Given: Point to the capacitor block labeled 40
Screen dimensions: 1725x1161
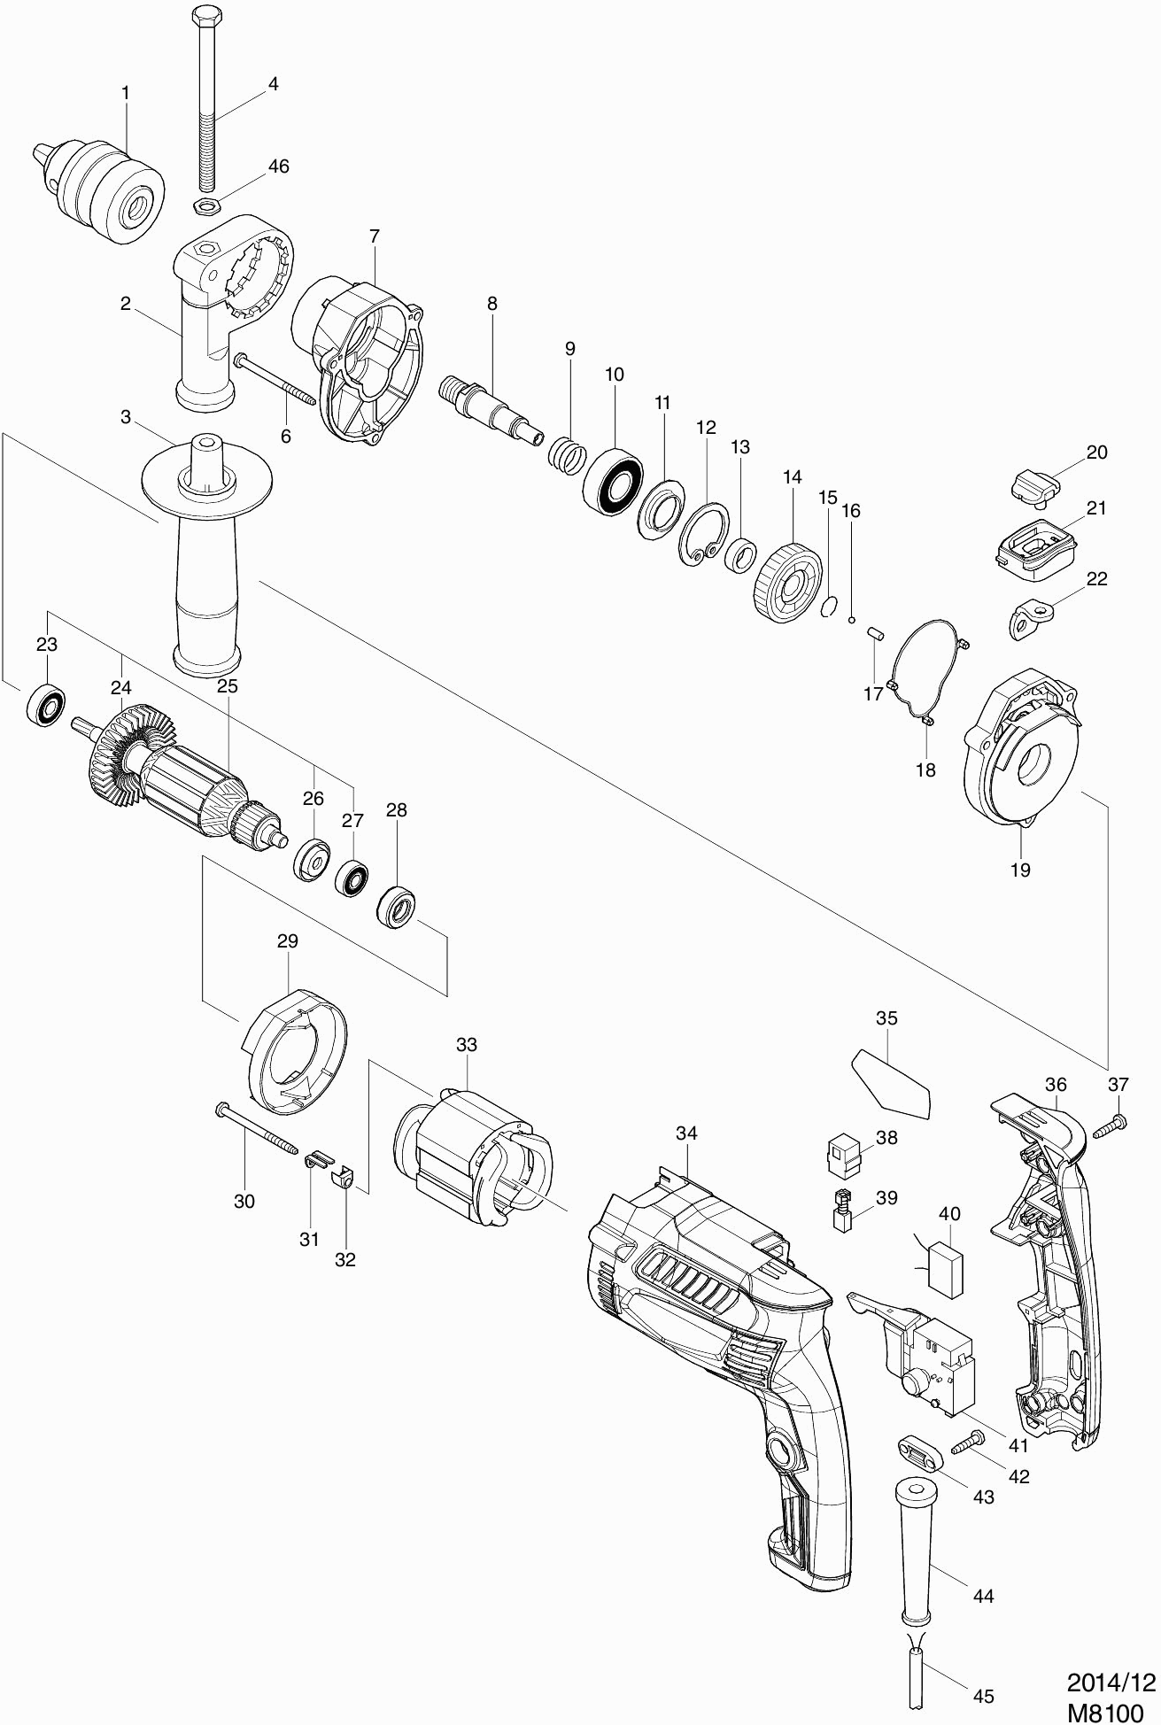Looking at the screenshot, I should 944,1272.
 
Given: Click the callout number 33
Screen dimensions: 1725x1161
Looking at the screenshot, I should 466,1045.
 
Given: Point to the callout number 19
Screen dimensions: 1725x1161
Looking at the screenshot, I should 1020,870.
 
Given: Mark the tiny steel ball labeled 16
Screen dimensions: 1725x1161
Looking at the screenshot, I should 851,620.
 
